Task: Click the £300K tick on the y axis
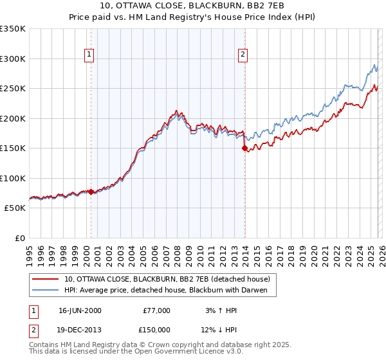coord(13,59)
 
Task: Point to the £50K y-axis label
coord(15,208)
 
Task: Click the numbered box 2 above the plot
coord(243,55)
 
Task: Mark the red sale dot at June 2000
coord(91,192)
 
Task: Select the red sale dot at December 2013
coord(244,148)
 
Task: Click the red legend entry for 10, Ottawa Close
coord(170,279)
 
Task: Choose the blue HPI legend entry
coord(170,291)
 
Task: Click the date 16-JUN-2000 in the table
coord(80,310)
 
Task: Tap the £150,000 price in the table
coord(157,330)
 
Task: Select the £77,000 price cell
coord(157,310)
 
